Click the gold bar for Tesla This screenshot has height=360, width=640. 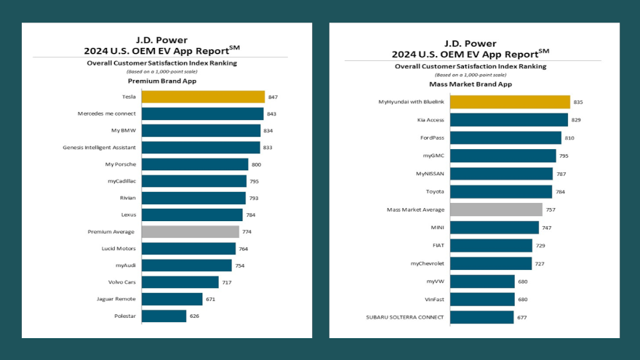click(x=203, y=97)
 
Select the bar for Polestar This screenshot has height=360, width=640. click(x=164, y=316)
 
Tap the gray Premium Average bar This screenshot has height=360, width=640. click(x=190, y=231)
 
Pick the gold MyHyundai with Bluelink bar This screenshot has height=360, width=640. click(x=510, y=102)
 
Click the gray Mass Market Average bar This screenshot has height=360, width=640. click(x=496, y=209)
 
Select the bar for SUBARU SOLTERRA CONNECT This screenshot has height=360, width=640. click(x=481, y=317)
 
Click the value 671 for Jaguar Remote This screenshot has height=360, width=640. click(x=210, y=299)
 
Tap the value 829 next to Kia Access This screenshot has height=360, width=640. click(x=577, y=120)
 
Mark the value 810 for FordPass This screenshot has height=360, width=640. click(x=570, y=138)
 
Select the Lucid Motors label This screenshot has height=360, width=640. click(x=119, y=249)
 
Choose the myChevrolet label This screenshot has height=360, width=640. click(x=427, y=263)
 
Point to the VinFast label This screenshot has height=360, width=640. click(x=434, y=299)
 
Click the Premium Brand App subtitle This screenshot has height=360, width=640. click(x=167, y=81)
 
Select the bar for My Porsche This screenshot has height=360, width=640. click(x=195, y=164)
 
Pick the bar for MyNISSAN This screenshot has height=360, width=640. click(x=501, y=174)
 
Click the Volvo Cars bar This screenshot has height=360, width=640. click(x=180, y=282)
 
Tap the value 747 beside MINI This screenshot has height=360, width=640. click(x=547, y=228)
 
